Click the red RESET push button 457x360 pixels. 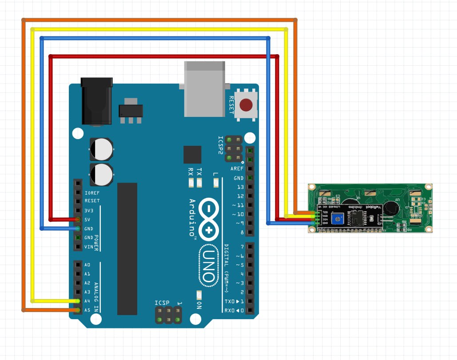pyautogui.click(x=246, y=105)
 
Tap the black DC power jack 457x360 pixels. pyautogui.click(x=96, y=101)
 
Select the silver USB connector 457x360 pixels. pyautogui.click(x=205, y=89)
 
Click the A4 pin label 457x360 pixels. pyautogui.click(x=87, y=301)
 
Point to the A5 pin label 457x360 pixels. pyautogui.click(x=87, y=310)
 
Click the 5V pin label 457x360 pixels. pyautogui.click(x=87, y=220)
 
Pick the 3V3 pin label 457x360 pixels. pyautogui.click(x=88, y=211)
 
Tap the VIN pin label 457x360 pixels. pyautogui.click(x=88, y=247)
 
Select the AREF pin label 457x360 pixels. pyautogui.click(x=237, y=169)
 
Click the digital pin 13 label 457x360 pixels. pyautogui.click(x=240, y=187)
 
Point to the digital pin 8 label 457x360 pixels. pyautogui.click(x=242, y=232)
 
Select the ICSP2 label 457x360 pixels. pyautogui.click(x=220, y=146)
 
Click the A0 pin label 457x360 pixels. pyautogui.click(x=87, y=265)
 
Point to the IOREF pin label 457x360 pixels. pyautogui.click(x=92, y=193)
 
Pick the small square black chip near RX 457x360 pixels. pyautogui.click(x=192, y=154)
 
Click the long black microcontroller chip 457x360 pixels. pyautogui.click(x=127, y=249)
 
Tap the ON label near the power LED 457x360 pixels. pyautogui.click(x=199, y=305)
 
